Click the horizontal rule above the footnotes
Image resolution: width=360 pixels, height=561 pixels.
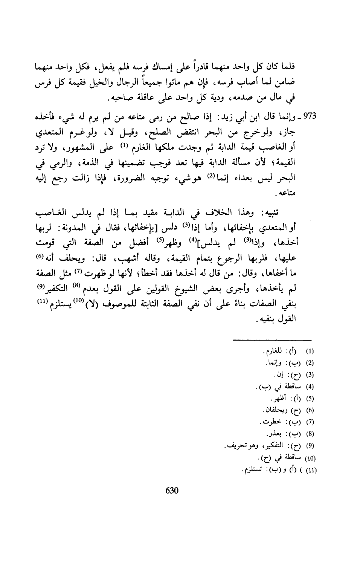(272, 340)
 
